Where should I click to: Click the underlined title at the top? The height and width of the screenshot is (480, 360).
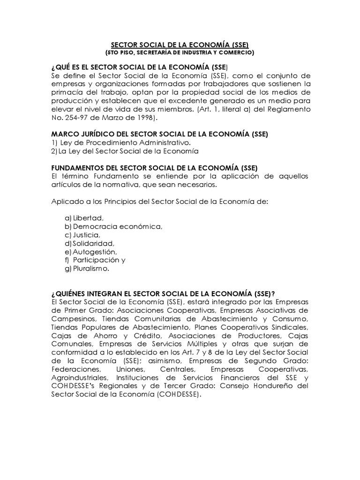(180, 45)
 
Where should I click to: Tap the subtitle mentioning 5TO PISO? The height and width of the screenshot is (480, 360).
(180, 52)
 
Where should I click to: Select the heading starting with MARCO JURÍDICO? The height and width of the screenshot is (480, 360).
(159, 134)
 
